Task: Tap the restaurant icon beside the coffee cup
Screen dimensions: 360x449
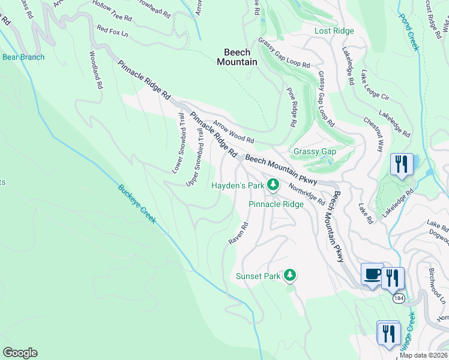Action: [x=393, y=278]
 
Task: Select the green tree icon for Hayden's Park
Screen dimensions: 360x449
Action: [x=273, y=185]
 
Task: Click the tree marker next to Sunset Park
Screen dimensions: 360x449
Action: [x=291, y=275]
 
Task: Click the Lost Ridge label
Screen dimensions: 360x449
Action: [x=334, y=31]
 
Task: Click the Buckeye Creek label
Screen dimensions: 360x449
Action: [x=137, y=203]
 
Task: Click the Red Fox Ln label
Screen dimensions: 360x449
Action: [x=112, y=31]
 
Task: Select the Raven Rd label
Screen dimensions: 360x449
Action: [x=238, y=234]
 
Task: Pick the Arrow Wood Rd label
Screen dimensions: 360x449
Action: [x=234, y=131]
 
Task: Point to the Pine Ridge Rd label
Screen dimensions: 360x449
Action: [x=291, y=107]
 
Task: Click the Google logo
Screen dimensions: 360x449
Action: [x=20, y=353]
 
